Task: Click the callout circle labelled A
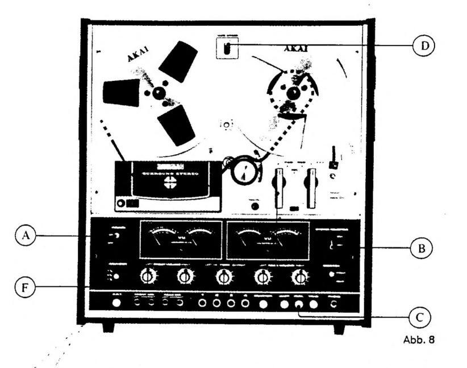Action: (x=24, y=235)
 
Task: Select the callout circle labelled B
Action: (x=421, y=248)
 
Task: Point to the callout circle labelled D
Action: (x=421, y=47)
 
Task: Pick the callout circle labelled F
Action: (x=24, y=287)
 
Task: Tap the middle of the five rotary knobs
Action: (x=224, y=276)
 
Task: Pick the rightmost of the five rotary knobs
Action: (x=299, y=276)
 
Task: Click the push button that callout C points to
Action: (x=299, y=304)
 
